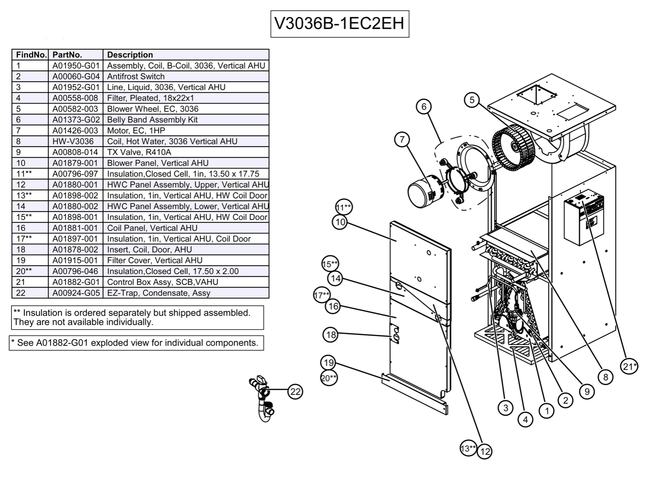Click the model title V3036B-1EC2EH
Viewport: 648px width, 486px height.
pyautogui.click(x=339, y=24)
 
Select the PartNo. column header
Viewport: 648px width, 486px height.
pyautogui.click(x=67, y=55)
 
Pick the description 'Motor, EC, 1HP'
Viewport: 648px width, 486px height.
pyautogui.click(x=136, y=130)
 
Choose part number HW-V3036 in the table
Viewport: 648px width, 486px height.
pyautogui.click(x=73, y=141)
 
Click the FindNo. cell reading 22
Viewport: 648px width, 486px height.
pyautogui.click(x=21, y=293)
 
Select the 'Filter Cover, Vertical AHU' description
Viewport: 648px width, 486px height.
pyautogui.click(x=155, y=260)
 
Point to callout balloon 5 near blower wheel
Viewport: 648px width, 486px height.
pyautogui.click(x=471, y=100)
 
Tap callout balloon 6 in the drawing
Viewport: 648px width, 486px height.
pyautogui.click(x=423, y=107)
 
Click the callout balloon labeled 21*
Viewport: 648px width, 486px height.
pyautogui.click(x=629, y=366)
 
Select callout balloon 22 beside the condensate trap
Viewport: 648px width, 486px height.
pyautogui.click(x=295, y=392)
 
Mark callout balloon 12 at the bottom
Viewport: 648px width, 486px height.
pyautogui.click(x=484, y=451)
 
